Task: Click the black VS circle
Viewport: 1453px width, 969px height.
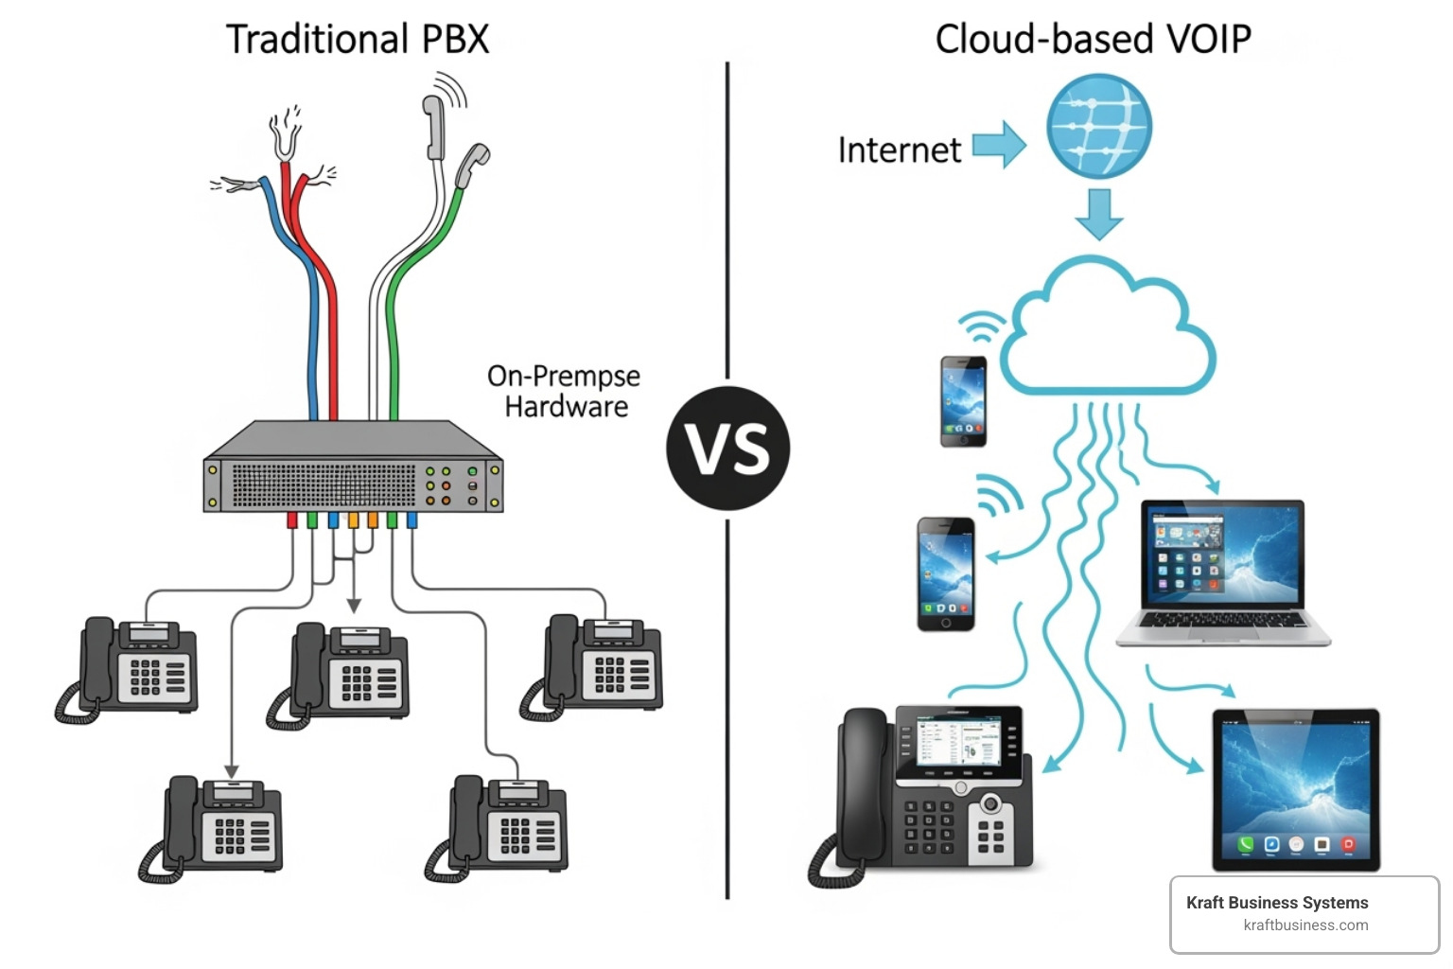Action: pyautogui.click(x=727, y=448)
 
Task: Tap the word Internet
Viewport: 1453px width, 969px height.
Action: pyautogui.click(x=899, y=150)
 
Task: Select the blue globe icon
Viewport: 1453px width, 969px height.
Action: pyautogui.click(x=1098, y=126)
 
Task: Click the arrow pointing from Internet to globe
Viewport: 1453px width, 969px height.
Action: pyautogui.click(x=999, y=145)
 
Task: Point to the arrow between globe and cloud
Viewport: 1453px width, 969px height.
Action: pyautogui.click(x=1098, y=214)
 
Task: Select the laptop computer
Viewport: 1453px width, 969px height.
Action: pyautogui.click(x=1222, y=572)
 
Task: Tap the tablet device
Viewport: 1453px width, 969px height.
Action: pyautogui.click(x=1296, y=789)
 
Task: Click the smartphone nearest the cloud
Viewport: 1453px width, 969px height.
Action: pyautogui.click(x=963, y=401)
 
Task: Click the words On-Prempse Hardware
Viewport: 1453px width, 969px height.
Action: pyautogui.click(x=564, y=391)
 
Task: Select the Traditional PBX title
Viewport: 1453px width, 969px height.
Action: pyautogui.click(x=358, y=39)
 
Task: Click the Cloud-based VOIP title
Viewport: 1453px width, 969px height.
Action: pyautogui.click(x=1093, y=39)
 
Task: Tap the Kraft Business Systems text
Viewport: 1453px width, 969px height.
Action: pyautogui.click(x=1276, y=902)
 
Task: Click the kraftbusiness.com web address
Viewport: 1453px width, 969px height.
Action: pyautogui.click(x=1305, y=925)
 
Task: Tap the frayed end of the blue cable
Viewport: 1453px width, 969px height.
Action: pyautogui.click(x=236, y=185)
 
